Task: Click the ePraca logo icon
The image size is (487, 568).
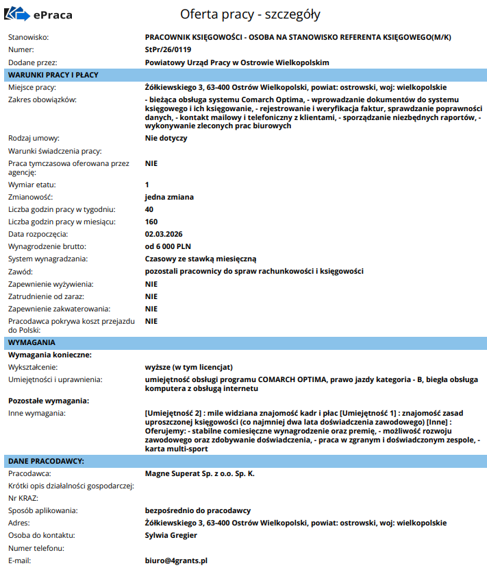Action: [x=17, y=14]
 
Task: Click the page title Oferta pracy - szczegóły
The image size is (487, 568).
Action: [x=250, y=14]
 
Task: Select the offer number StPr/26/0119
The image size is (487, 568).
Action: [x=168, y=49]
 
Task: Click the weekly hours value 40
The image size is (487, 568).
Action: [x=149, y=209]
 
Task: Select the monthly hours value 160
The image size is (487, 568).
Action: [x=151, y=222]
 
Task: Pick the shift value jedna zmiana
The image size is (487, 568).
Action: [x=169, y=197]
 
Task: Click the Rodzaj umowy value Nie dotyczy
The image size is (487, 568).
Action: [x=166, y=138]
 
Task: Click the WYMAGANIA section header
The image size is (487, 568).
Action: [x=32, y=342]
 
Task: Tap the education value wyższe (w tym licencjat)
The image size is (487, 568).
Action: [x=189, y=367]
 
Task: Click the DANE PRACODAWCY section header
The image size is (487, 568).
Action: [x=46, y=460]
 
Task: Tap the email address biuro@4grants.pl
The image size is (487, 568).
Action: [x=176, y=560]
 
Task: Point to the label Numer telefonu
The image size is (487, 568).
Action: [x=36, y=548]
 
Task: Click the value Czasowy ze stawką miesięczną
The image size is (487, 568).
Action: [x=200, y=259]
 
